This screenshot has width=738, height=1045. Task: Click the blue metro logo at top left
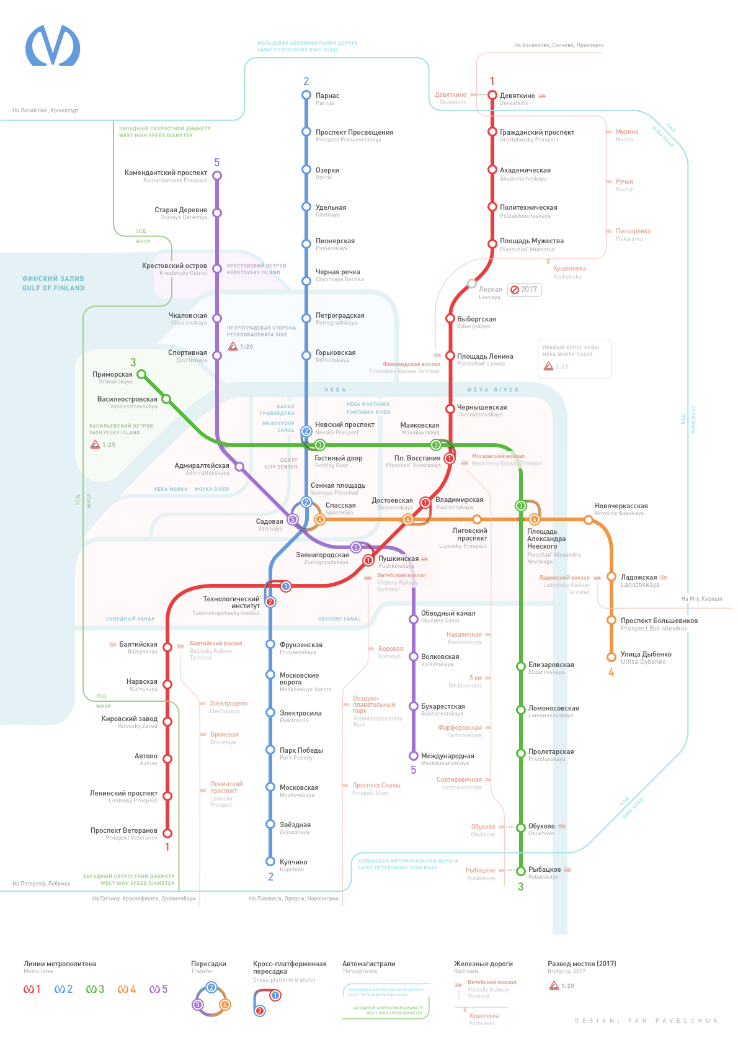point(53,45)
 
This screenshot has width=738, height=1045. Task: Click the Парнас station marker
point(306,95)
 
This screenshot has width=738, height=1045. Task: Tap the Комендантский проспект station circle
point(217,176)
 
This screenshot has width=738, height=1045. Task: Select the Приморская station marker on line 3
point(141,374)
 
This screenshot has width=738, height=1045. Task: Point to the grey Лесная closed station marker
point(472,284)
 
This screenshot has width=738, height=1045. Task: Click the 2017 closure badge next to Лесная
point(524,289)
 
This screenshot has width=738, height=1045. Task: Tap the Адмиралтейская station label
point(202,466)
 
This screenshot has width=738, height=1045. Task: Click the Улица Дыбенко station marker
point(611,657)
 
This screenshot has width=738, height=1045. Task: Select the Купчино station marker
point(270,861)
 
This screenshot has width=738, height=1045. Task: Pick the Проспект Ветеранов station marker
point(167,833)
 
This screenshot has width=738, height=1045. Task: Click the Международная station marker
point(413,756)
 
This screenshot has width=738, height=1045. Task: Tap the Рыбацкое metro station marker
point(521,871)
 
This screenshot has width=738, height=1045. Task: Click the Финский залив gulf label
point(53,283)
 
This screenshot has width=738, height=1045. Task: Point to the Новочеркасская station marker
point(588,519)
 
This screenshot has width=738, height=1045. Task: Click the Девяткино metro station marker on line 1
point(492,95)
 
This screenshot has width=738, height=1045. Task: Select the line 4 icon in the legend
point(127,989)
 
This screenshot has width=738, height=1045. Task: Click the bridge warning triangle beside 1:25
point(95,444)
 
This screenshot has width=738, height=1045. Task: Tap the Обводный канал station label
point(448,614)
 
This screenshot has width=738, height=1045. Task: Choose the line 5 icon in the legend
point(158,989)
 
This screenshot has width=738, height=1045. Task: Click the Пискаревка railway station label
point(633,231)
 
